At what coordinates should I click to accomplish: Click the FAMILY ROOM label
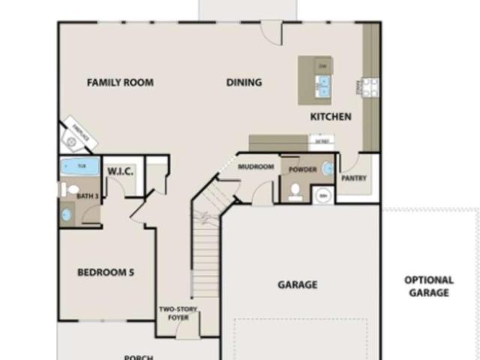(120, 82)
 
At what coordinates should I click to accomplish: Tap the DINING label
(244, 82)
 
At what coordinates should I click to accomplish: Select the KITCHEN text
(331, 117)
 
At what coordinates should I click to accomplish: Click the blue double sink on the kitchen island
(324, 87)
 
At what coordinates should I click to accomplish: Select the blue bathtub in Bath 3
(79, 166)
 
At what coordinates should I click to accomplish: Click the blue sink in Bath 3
(67, 214)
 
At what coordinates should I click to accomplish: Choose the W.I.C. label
(120, 172)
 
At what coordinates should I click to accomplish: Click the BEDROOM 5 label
(106, 272)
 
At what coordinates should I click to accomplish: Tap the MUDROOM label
(256, 166)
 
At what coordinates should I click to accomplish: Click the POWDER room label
(302, 169)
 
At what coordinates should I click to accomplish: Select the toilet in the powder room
(295, 193)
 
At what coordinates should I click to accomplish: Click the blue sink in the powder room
(328, 169)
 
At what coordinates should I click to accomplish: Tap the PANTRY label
(353, 178)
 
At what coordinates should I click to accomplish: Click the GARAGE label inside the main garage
(297, 284)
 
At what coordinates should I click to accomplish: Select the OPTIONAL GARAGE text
(430, 286)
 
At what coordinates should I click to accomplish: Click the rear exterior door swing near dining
(271, 32)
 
